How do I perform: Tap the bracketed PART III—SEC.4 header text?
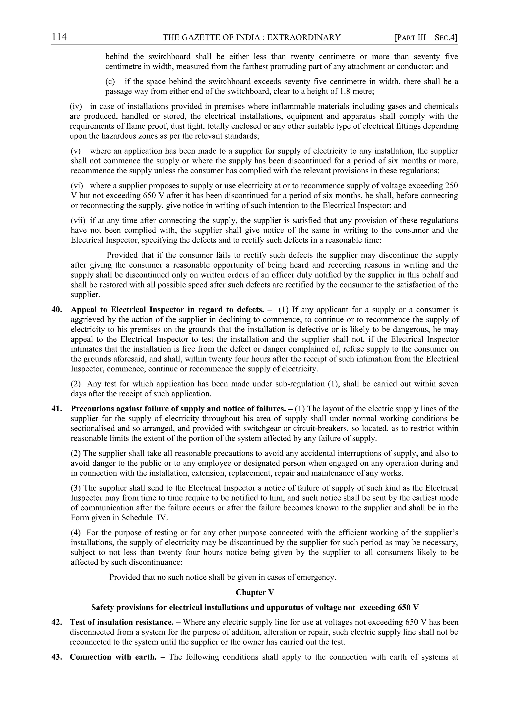coord(426,38)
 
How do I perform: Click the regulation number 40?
coord(57,310)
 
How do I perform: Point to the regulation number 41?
coord(57,409)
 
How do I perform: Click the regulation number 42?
coord(57,622)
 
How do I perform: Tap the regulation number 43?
coord(57,657)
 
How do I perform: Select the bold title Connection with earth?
coord(113,657)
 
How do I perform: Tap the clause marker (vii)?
coord(78,220)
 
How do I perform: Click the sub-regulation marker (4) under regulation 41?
coord(76,533)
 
